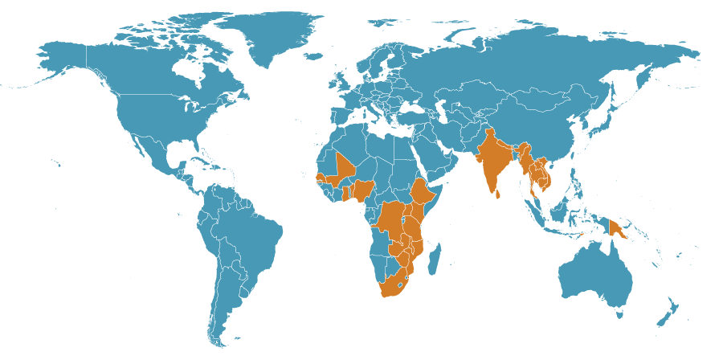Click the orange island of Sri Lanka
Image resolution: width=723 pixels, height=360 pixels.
click(x=498, y=194)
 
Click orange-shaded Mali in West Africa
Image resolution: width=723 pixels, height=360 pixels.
click(x=345, y=166)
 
